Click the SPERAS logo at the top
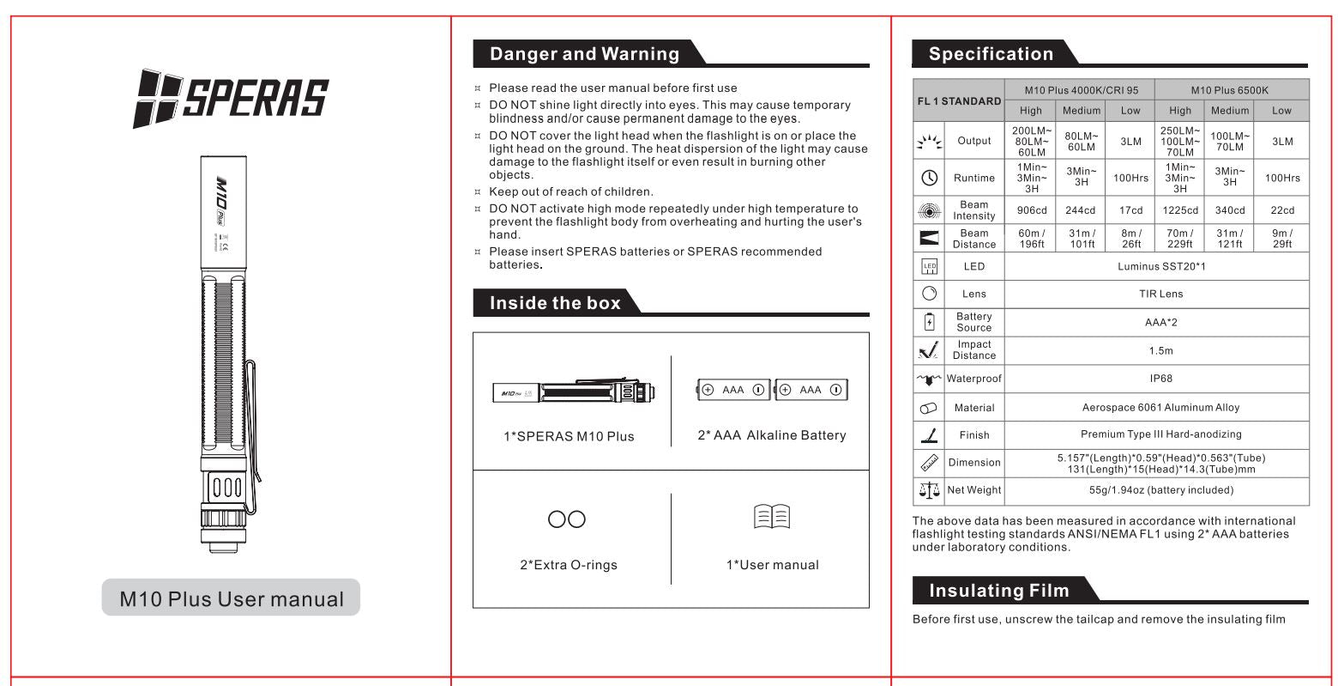[x=231, y=96]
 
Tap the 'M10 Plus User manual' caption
[x=231, y=598]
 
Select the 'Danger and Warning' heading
[x=584, y=54]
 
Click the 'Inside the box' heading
[x=554, y=302]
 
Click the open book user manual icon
[x=771, y=518]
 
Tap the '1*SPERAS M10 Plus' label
[x=569, y=436]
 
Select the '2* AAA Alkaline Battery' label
[x=771, y=435]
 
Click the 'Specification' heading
[x=991, y=54]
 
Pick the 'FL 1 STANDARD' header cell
[x=959, y=100]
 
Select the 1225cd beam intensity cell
[x=1180, y=210]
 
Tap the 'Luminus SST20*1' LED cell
[x=1160, y=266]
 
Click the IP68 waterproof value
[x=1160, y=378]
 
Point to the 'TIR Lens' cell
[x=1160, y=294]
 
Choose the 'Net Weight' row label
[x=973, y=490]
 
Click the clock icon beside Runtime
[x=929, y=178]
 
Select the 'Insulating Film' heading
[x=998, y=591]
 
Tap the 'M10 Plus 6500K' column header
[x=1229, y=90]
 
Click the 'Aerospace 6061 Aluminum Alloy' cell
[x=1160, y=408]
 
